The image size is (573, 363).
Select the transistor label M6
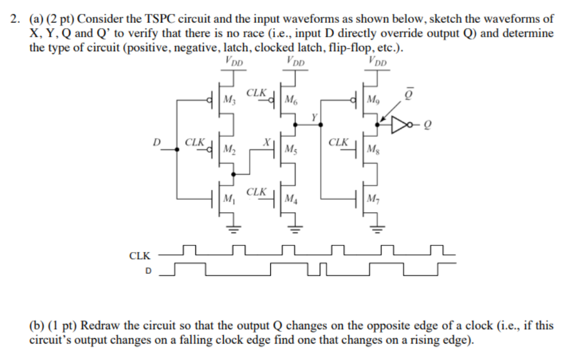291,99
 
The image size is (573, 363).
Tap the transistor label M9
374,99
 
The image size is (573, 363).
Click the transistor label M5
291,148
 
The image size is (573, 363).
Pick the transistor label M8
374,148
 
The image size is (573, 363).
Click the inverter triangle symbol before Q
400,125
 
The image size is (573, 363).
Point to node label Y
314,115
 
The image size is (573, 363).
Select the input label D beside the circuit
156,143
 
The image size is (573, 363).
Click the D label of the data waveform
147,271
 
